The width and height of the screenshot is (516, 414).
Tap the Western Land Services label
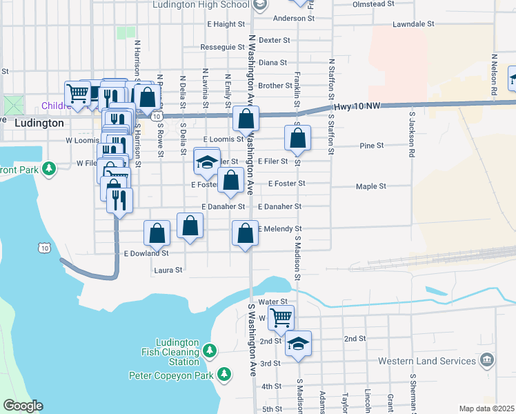[427, 361]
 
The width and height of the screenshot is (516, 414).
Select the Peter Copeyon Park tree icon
[224, 375]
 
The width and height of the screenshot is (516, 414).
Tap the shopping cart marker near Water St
[281, 317]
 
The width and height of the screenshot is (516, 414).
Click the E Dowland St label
[146, 253]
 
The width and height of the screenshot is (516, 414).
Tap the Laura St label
[168, 270]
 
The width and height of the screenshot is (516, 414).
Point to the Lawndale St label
[413, 23]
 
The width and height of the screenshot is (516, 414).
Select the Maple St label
[371, 186]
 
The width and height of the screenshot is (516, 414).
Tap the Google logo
[23, 406]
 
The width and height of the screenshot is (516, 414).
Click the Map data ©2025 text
[486, 408]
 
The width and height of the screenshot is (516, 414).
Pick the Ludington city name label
[39, 123]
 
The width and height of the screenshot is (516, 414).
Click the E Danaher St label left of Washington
[223, 206]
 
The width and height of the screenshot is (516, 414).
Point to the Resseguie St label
[222, 48]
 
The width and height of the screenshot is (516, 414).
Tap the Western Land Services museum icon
[487, 360]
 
